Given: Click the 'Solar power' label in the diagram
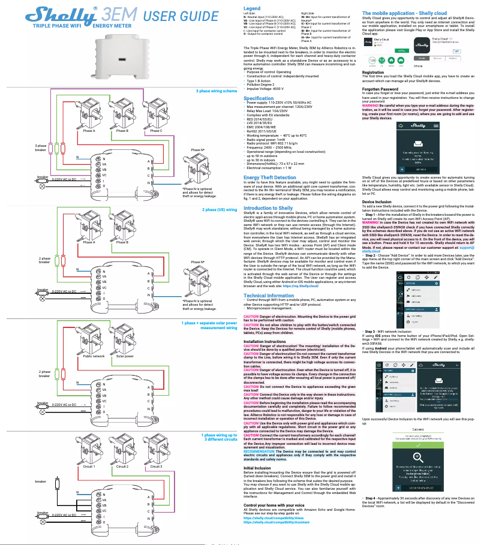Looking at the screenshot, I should click(125, 356).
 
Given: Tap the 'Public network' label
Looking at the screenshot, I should click(94, 356).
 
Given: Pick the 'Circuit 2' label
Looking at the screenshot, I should click(123, 465).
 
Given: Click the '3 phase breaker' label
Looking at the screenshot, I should click(41, 147).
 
